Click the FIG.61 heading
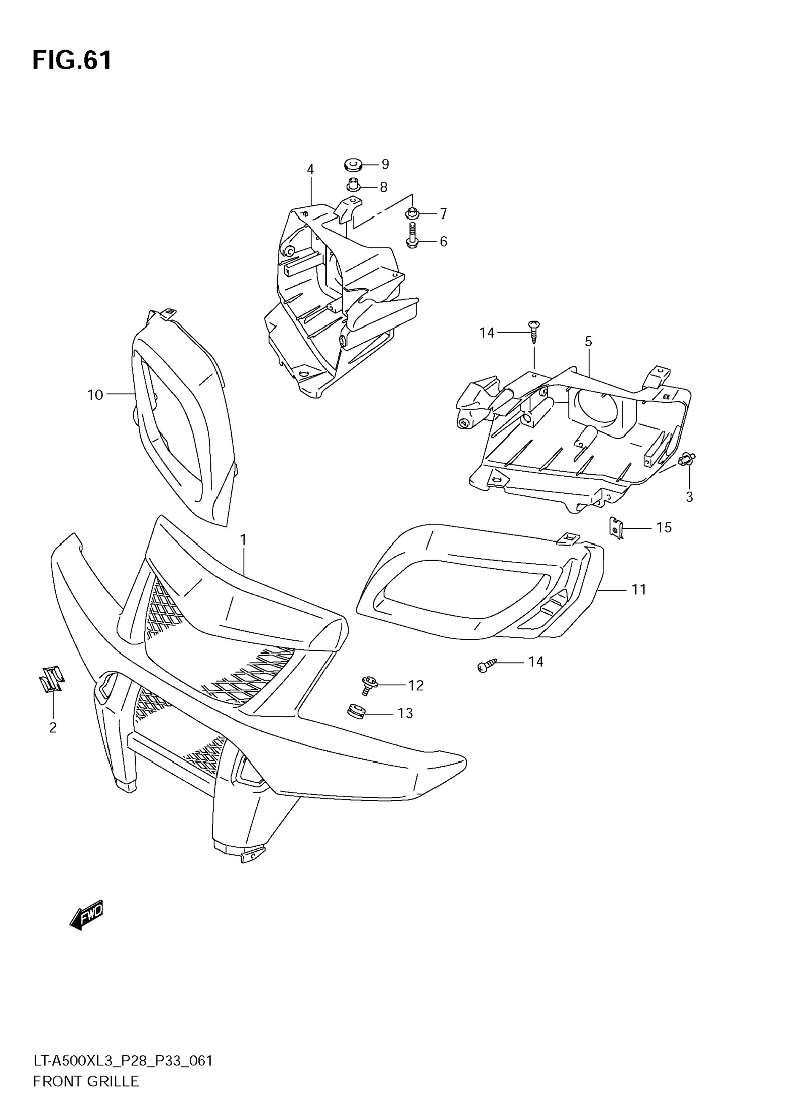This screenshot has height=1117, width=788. [72, 61]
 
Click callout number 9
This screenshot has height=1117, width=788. [385, 164]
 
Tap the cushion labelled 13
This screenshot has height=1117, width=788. [356, 712]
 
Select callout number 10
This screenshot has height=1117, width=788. [95, 395]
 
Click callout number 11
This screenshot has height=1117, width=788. [639, 590]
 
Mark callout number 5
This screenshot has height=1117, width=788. [588, 342]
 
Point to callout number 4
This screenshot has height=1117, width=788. [310, 169]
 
